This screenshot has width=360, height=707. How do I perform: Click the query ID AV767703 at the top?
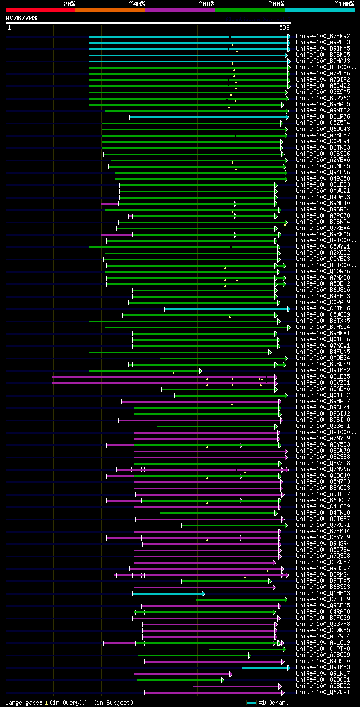click(21, 18)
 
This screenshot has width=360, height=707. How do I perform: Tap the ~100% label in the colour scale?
click(344, 4)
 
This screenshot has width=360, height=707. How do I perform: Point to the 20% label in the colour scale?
click(69, 4)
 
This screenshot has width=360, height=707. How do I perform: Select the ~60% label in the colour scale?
click(206, 4)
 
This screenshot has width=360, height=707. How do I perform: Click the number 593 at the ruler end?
click(284, 27)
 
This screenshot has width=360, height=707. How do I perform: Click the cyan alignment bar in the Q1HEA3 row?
click(168, 593)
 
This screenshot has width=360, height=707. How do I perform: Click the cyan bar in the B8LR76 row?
click(208, 117)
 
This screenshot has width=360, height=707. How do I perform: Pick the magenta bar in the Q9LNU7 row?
click(182, 674)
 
